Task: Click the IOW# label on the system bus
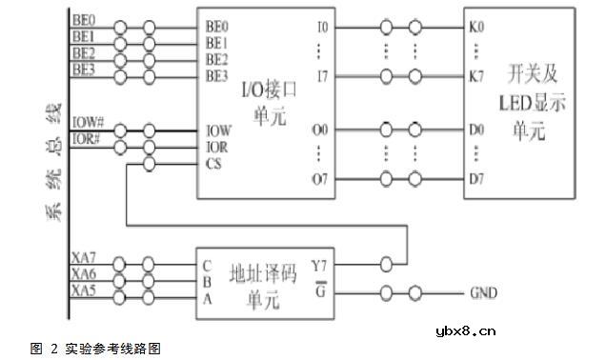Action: (x=88, y=123)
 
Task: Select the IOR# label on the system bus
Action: (x=87, y=138)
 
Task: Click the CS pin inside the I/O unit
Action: (x=214, y=163)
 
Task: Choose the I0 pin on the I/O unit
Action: (x=322, y=28)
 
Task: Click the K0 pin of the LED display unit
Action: (x=477, y=28)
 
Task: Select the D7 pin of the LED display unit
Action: (x=477, y=178)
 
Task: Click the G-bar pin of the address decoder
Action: (x=319, y=290)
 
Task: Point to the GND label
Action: (x=483, y=292)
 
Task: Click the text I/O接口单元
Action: (x=265, y=99)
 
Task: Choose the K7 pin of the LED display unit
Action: (x=477, y=73)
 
